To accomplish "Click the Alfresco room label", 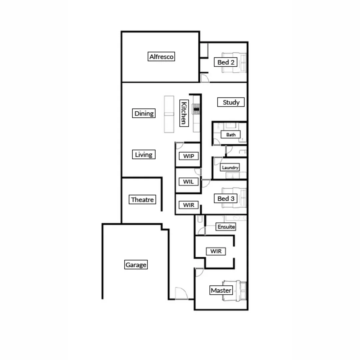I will [161, 57].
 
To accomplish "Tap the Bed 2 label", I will [226, 62].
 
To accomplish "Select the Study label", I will [231, 102].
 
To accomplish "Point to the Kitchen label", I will [183, 113].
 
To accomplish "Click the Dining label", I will [144, 113].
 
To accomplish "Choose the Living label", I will [144, 155].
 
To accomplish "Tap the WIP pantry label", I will [188, 156].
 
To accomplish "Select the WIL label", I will [188, 182].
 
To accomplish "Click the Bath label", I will [231, 135].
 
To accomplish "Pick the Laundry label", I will [230, 168].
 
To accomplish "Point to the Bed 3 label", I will [226, 199].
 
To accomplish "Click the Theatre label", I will [142, 200].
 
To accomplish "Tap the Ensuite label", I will [226, 227].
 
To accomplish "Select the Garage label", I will [136, 265].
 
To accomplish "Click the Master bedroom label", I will [221, 291].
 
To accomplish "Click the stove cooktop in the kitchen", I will [197, 109].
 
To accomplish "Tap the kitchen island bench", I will [169, 114].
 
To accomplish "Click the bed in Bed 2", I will [237, 62].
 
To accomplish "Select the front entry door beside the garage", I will [182, 293].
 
